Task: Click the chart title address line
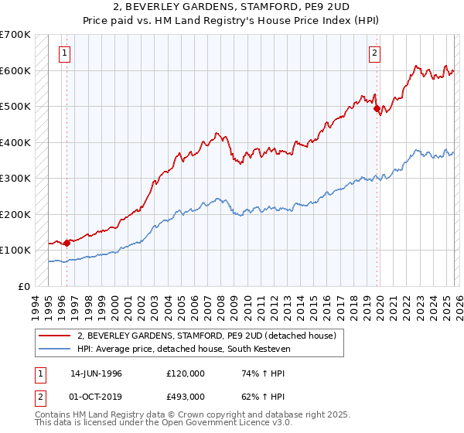point(231,7)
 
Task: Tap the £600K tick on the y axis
point(15,70)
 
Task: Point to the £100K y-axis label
point(15,251)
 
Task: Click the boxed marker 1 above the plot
point(63,53)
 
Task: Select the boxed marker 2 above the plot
point(374,53)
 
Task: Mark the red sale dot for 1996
point(67,243)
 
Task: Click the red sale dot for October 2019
point(377,109)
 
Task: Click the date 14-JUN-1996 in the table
point(96,373)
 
